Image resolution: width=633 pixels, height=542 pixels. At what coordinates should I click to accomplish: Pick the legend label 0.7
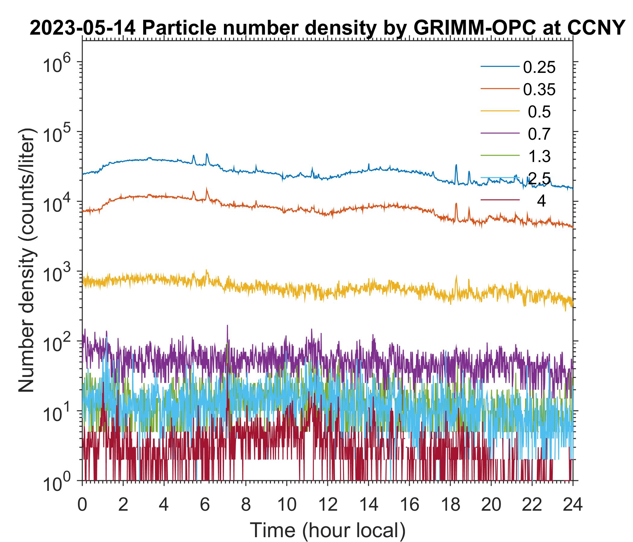point(539,134)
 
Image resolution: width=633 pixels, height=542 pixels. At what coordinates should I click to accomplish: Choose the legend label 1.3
point(539,156)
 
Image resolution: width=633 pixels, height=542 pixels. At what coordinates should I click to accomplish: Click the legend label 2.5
point(540,179)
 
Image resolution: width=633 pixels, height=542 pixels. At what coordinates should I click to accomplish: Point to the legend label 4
point(541,201)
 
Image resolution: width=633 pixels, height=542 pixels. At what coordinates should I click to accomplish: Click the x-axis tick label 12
point(327,504)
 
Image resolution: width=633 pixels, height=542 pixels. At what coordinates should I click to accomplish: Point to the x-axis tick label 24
point(572,504)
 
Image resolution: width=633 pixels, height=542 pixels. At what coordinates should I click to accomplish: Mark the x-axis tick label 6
point(205,504)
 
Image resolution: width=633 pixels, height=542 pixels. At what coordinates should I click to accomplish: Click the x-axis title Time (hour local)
point(327,530)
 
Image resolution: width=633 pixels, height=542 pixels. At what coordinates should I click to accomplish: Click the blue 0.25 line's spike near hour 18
point(456,165)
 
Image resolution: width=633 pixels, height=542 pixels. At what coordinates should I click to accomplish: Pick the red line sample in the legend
point(500,200)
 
